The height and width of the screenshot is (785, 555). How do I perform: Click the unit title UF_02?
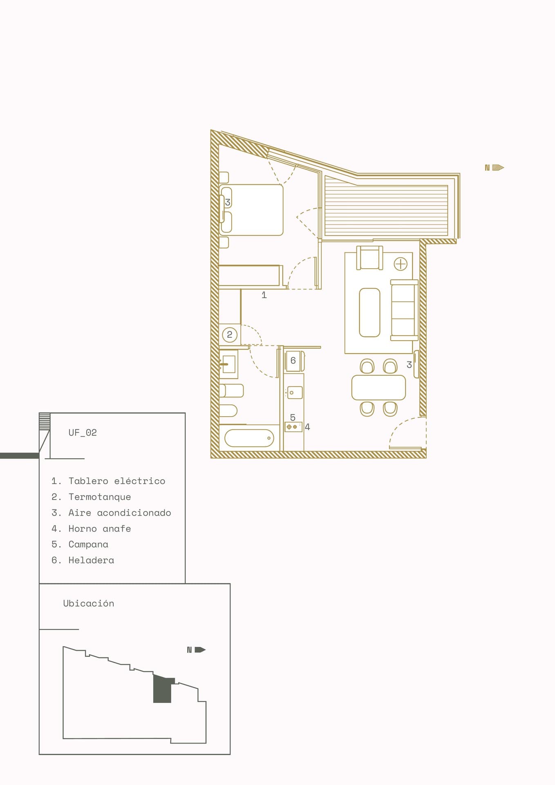83,433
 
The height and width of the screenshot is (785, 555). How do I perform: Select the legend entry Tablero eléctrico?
117,481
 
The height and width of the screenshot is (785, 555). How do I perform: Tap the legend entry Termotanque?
100,497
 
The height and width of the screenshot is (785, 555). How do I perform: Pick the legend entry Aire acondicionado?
120,513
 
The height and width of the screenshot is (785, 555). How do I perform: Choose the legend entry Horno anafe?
100,529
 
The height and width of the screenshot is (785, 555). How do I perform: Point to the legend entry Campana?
88,545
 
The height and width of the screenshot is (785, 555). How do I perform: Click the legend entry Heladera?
91,560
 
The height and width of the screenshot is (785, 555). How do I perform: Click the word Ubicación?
89,603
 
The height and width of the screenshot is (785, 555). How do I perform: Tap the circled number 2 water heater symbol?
230,335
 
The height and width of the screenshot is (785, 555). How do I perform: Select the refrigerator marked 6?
294,361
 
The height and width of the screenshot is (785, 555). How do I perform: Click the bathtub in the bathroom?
249,438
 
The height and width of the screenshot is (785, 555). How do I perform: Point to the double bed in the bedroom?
251,210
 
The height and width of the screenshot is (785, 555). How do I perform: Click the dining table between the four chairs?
378,388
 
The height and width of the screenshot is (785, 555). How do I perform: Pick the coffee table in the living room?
370,312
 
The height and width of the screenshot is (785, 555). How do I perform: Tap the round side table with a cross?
401,264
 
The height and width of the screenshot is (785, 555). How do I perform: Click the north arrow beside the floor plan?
495,168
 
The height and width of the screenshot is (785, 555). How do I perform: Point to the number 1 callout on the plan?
264,295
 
